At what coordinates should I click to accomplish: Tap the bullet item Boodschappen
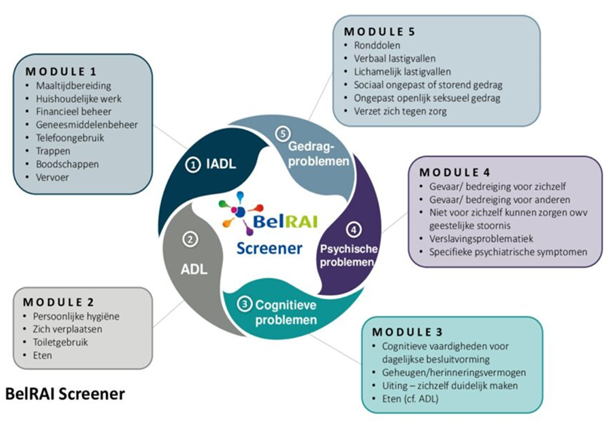67,164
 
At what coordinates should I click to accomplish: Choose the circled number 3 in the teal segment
246,304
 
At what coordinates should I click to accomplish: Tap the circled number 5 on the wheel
282,134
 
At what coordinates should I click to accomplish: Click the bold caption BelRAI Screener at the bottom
65,394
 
